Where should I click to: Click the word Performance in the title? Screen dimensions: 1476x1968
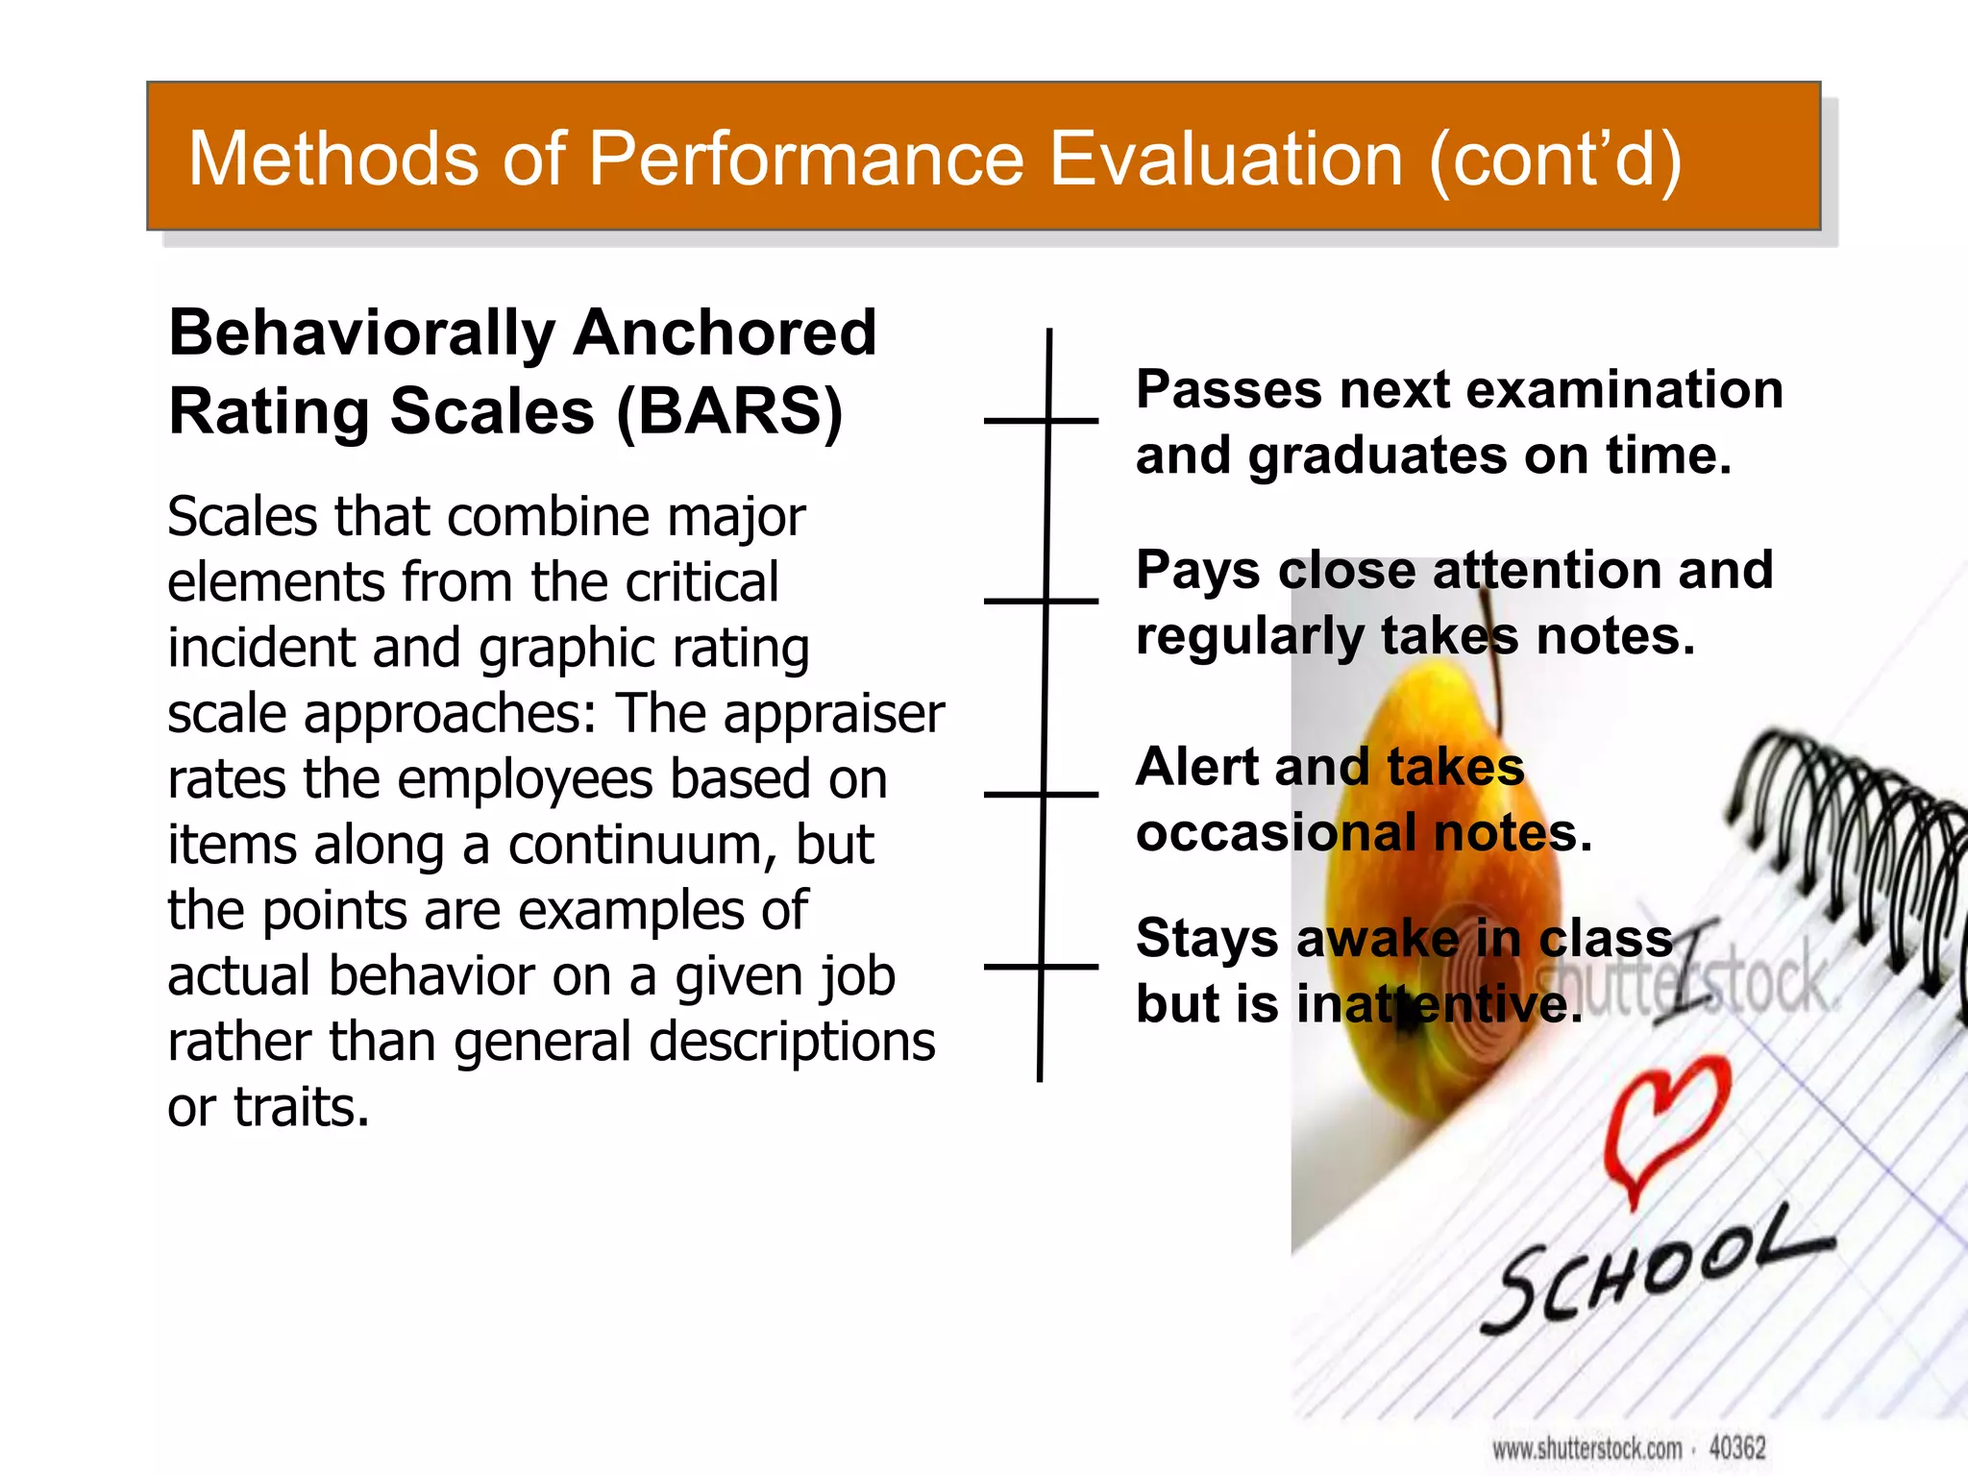(805, 159)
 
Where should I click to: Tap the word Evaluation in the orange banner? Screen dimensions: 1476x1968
(1225, 159)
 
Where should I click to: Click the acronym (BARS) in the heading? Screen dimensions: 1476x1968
(728, 411)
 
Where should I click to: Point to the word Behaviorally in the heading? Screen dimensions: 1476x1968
(361, 333)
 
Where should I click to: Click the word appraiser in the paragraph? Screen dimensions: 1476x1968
(833, 713)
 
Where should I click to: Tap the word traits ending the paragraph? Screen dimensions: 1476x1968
(301, 1107)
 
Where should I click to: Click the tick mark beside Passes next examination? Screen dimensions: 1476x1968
(1043, 421)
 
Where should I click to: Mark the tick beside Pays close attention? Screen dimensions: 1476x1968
(1043, 601)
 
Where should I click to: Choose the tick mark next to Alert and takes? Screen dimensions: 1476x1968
(1043, 795)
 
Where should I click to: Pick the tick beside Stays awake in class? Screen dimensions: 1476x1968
(1043, 967)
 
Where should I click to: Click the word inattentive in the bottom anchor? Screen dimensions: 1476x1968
(1439, 1005)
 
